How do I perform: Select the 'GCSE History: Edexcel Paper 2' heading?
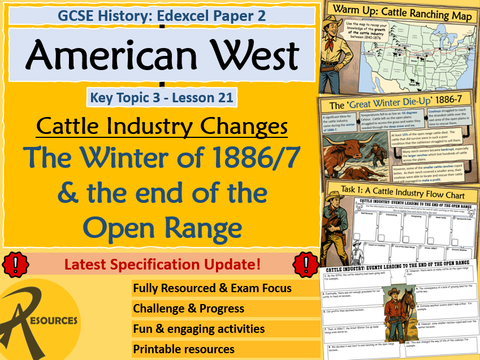(162, 15)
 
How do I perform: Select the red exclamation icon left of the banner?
(12, 263)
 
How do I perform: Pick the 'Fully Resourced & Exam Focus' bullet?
(213, 288)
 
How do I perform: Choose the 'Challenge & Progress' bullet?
(189, 309)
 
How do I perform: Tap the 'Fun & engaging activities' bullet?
(199, 329)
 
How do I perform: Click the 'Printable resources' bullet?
(184, 349)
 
